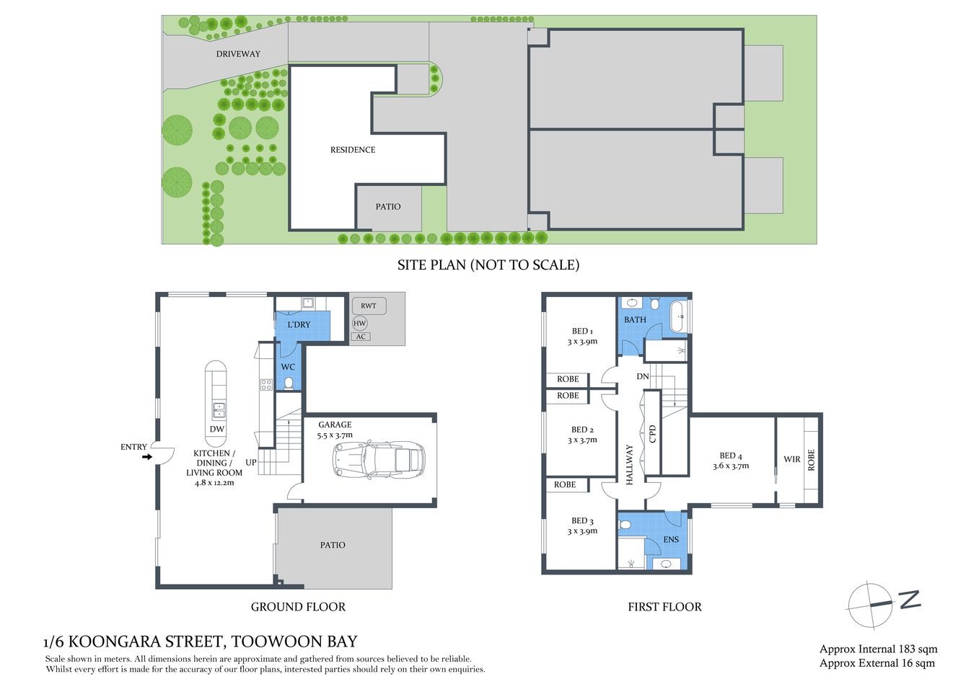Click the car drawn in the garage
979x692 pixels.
[x=379, y=459]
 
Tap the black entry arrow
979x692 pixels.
[x=147, y=456]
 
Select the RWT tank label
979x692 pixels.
[x=368, y=306]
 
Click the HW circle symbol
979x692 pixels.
[x=359, y=324]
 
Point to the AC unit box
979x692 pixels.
[x=361, y=337]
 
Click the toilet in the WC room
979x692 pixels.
[x=289, y=382]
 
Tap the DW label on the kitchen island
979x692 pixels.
[x=216, y=429]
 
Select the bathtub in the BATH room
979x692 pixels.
[x=677, y=317]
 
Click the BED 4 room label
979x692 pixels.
[x=730, y=456]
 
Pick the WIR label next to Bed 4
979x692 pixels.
[x=791, y=459]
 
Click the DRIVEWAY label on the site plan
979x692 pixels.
[x=238, y=54]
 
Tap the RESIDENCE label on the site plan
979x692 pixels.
[x=353, y=150]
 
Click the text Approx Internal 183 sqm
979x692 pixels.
[x=878, y=649]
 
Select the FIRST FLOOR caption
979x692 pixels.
[x=664, y=607]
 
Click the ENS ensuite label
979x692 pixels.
[x=671, y=539]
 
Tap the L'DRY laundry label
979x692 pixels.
[x=299, y=324]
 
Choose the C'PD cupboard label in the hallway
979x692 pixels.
[x=652, y=434]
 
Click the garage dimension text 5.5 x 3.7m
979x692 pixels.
[x=335, y=435]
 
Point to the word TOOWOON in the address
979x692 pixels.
[x=265, y=642]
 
